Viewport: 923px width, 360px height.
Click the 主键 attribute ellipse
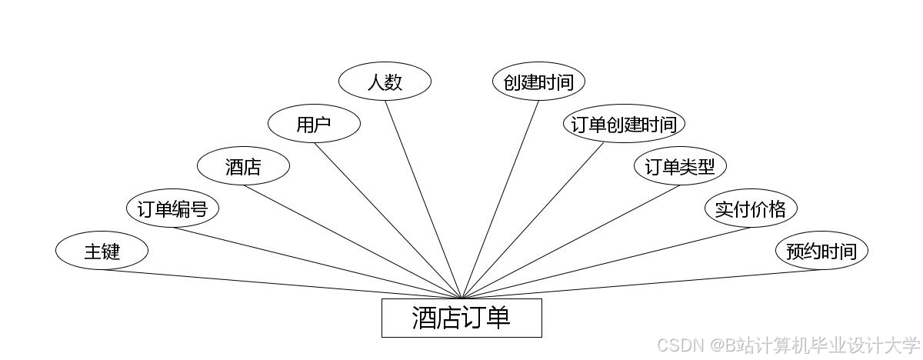[x=102, y=251]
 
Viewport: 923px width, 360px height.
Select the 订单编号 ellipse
[x=172, y=208]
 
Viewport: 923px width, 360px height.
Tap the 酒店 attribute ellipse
[x=243, y=166]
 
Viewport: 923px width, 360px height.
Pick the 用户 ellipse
[x=314, y=124]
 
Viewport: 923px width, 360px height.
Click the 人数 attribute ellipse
[x=385, y=81]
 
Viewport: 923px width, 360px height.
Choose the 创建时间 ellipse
[x=538, y=82]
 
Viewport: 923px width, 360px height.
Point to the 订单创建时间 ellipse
[x=624, y=124]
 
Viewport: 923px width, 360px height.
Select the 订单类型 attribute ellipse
[x=680, y=166]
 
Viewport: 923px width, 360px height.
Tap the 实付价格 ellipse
[x=751, y=208]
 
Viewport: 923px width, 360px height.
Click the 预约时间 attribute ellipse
[x=821, y=251]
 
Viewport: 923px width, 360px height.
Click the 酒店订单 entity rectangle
[x=461, y=318]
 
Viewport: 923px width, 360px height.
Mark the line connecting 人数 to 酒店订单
[x=423, y=200]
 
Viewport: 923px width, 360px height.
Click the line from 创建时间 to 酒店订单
[x=500, y=200]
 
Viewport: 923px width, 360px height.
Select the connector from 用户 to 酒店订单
[x=388, y=221]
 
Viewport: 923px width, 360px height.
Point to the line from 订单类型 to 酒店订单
[x=571, y=242]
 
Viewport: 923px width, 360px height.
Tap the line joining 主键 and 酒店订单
[x=282, y=284]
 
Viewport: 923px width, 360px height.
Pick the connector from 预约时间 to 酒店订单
[x=641, y=284]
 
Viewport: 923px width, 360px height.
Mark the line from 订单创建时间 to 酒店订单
[x=533, y=221]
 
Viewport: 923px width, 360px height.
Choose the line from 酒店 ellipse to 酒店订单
[x=352, y=242]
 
